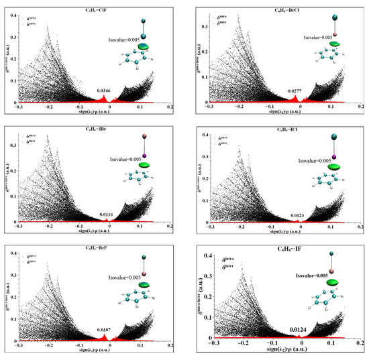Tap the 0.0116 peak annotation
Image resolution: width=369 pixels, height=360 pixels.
[x=106, y=213]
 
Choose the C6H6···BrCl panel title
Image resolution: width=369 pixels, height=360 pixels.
[x=274, y=9]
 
